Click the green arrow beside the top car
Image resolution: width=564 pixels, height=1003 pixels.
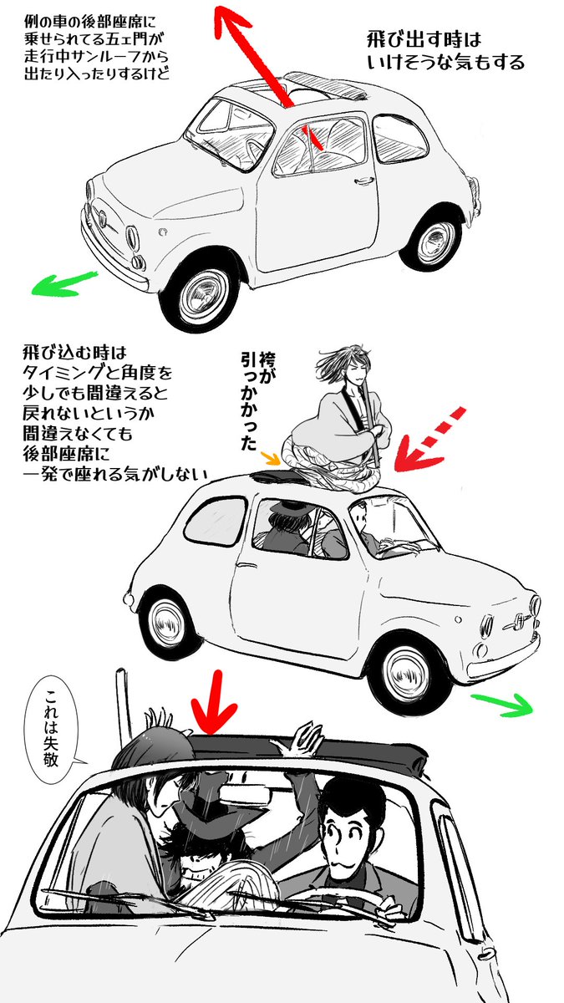[64, 283]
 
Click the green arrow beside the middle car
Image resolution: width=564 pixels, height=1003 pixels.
[501, 704]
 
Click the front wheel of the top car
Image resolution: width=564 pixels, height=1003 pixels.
[201, 296]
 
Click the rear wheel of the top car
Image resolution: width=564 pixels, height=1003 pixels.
[434, 242]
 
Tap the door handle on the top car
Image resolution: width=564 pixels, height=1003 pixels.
[363, 181]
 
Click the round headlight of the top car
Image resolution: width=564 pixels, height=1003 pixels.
[132, 237]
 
